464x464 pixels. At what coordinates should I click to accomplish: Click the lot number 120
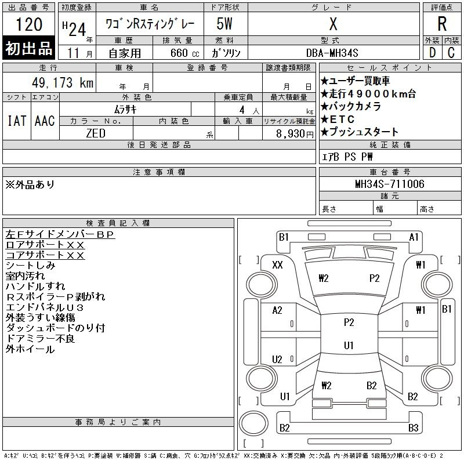click(29, 24)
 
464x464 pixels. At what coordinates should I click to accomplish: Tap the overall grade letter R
click(442, 24)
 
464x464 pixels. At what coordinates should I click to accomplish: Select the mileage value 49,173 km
click(63, 82)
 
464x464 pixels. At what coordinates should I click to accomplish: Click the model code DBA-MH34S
click(332, 53)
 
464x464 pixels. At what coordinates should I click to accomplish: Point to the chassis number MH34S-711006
click(389, 184)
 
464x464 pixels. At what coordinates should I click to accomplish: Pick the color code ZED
click(96, 133)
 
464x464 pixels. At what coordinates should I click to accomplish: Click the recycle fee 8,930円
click(295, 134)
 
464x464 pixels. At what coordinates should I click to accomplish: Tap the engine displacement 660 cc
click(184, 53)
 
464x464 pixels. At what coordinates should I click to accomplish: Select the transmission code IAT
click(17, 121)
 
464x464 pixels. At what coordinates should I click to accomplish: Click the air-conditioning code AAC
click(45, 121)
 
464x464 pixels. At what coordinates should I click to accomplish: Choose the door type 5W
click(224, 24)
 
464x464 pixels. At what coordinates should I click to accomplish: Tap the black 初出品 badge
click(28, 48)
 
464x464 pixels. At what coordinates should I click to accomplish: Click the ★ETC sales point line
click(338, 119)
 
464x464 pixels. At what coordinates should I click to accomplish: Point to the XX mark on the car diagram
click(277, 264)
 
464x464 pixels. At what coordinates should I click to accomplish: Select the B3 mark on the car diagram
click(413, 428)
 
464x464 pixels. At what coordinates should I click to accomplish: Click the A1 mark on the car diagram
click(414, 237)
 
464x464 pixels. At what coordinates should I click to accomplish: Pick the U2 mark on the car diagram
click(277, 360)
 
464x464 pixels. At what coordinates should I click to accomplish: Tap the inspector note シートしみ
click(31, 266)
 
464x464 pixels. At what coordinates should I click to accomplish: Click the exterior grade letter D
click(432, 53)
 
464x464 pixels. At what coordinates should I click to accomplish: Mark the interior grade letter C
click(451, 53)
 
